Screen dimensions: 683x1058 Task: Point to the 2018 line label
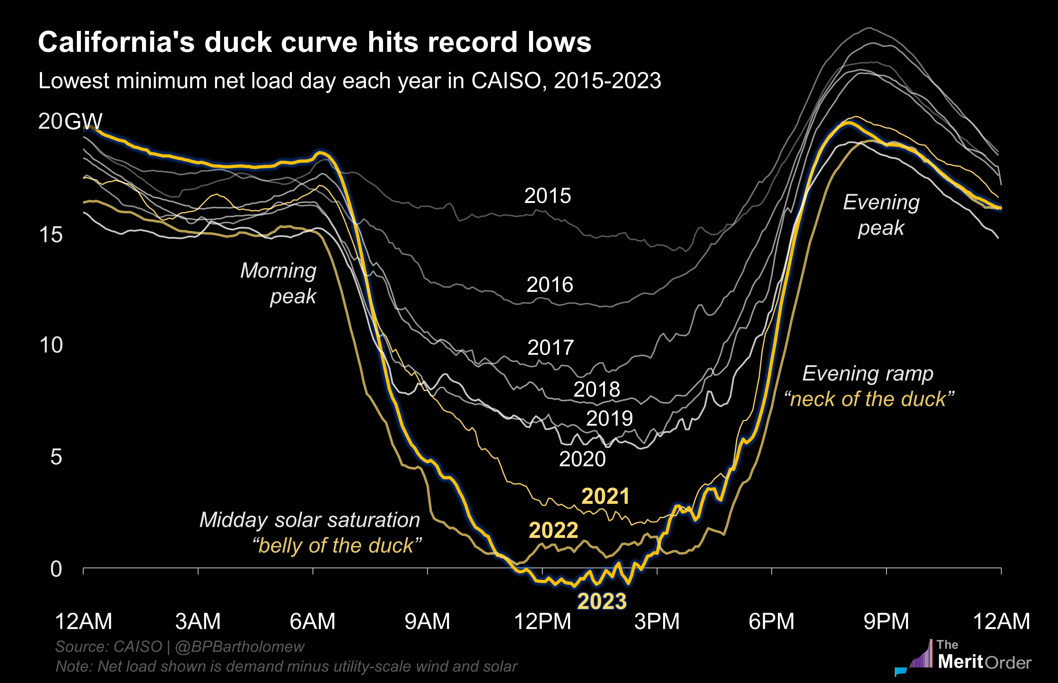[x=596, y=389]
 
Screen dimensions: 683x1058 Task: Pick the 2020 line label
[x=582, y=459]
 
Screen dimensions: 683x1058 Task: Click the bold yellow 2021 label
[x=605, y=496]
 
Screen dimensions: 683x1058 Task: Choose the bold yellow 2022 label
[x=553, y=530]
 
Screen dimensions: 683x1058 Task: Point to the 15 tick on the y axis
[x=51, y=235]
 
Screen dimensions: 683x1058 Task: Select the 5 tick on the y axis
[x=56, y=457]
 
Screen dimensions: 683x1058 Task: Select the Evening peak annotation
[x=881, y=215]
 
